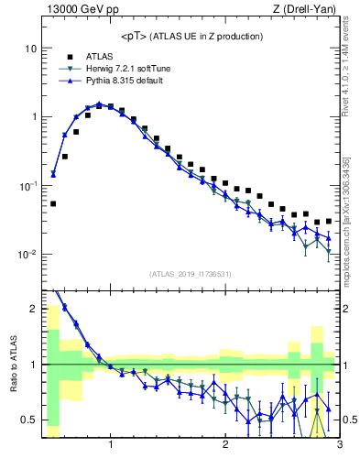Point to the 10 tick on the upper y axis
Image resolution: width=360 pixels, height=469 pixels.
coord(30,48)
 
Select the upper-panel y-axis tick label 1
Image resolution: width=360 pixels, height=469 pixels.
coord(33,116)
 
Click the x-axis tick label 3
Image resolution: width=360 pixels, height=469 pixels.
coord(339,445)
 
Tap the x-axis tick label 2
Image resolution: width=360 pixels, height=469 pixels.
coord(225,445)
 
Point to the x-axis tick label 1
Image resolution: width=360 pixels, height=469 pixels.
coord(111,445)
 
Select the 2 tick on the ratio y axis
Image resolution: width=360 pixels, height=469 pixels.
coord(33,309)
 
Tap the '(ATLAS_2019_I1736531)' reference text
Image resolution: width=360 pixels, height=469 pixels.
coord(191,274)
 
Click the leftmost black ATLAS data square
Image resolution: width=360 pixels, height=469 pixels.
coord(53,203)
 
